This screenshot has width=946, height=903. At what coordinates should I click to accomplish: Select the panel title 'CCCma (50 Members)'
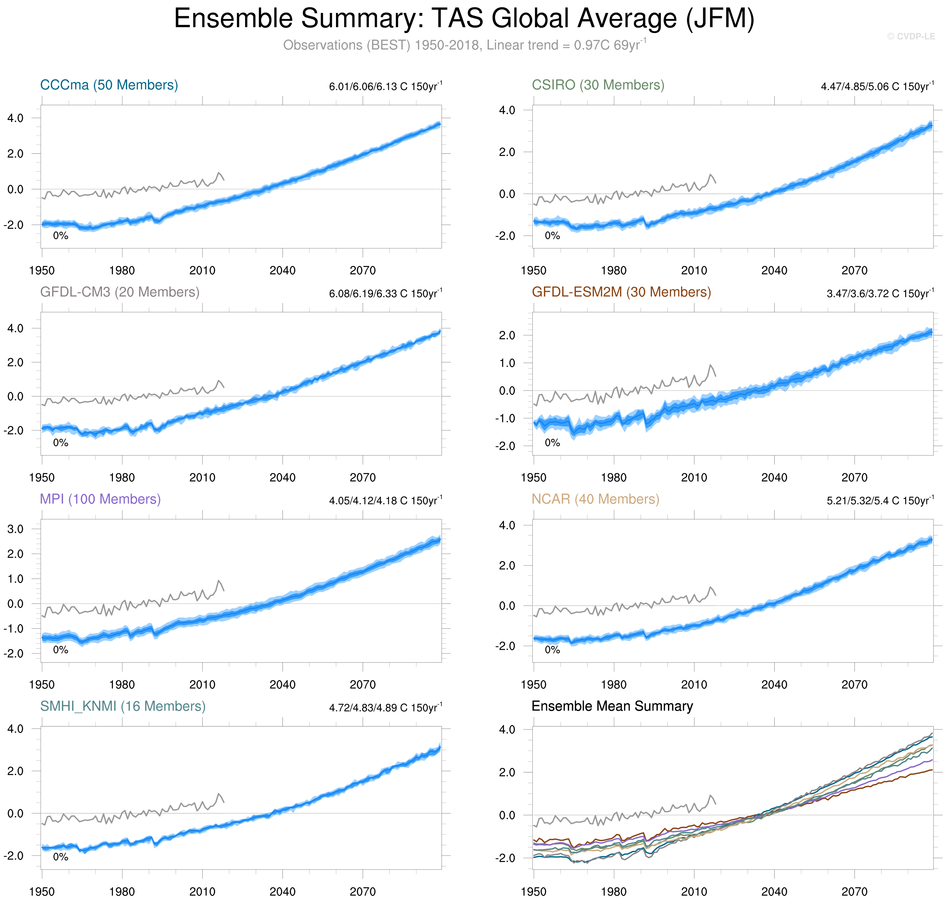pos(109,85)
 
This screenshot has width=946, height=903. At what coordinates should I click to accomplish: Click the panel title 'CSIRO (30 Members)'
pos(598,85)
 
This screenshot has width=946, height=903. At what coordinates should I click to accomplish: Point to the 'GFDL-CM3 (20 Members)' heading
pos(119,292)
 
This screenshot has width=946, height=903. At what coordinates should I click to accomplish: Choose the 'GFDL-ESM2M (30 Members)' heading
pos(621,292)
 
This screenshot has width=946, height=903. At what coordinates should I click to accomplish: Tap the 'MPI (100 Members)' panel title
pos(100,499)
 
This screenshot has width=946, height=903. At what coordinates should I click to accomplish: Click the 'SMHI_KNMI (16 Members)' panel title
pos(123,706)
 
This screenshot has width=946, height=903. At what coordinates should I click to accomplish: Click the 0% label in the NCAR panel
pos(552,650)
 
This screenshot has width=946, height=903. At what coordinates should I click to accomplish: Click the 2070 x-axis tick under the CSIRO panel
pos(854,271)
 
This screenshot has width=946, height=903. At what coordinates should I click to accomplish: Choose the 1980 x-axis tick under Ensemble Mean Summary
pos(614,891)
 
